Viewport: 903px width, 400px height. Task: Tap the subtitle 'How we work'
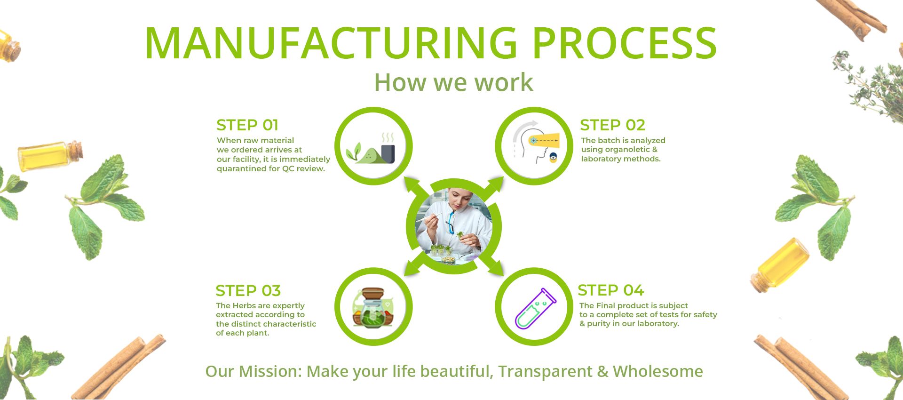click(453, 82)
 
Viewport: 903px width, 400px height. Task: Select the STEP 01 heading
click(247, 125)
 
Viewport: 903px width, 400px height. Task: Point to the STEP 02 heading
click(612, 125)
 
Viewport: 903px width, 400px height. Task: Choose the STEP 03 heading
click(248, 290)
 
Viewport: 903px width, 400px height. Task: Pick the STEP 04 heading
click(610, 290)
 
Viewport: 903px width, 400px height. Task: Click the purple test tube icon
click(535, 308)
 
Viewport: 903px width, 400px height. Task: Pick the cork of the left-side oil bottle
click(77, 151)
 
